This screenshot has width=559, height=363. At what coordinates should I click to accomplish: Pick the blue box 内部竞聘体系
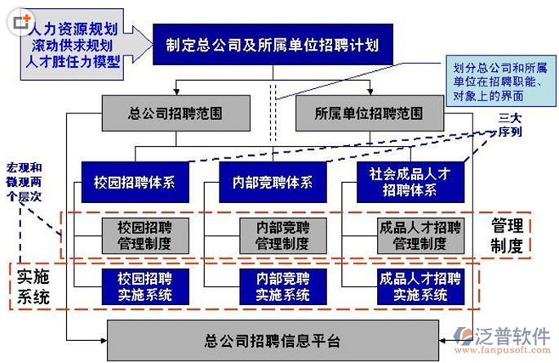click(272, 182)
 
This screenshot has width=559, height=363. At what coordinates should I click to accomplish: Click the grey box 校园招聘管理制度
click(144, 234)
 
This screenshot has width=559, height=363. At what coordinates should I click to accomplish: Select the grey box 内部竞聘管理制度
click(282, 234)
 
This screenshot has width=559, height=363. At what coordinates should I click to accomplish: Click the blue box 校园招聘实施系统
click(144, 286)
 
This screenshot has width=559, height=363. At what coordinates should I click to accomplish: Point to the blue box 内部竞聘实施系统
click(282, 286)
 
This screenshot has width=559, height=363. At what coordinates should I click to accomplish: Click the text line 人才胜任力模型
click(72, 61)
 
